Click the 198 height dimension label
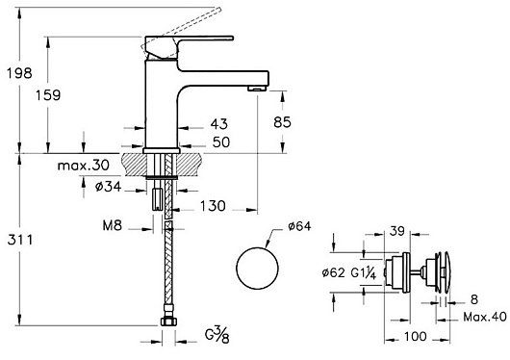19,73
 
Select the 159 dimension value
48,95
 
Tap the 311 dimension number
20,240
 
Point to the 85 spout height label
282,122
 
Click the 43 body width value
219,123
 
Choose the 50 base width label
221,142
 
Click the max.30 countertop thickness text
84,166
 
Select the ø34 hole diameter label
109,187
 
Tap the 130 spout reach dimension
213,206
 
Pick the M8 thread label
113,225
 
